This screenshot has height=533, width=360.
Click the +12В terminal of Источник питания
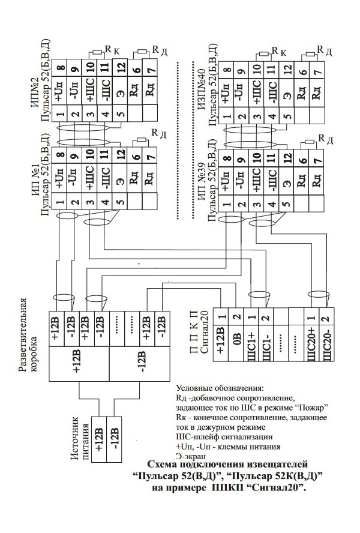[x=99, y=439]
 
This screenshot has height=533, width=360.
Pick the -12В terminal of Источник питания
[x=114, y=439]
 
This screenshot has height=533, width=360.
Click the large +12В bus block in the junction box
[x=79, y=364]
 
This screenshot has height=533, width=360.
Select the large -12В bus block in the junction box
[x=139, y=364]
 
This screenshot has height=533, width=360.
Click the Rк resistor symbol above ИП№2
[x=97, y=52]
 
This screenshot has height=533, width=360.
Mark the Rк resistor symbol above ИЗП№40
[x=264, y=53]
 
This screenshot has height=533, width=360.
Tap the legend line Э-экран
[x=191, y=456]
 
